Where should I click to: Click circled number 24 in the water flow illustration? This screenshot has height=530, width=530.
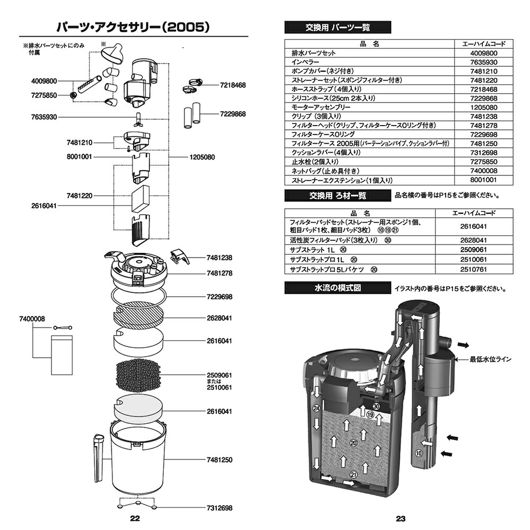click(316, 409)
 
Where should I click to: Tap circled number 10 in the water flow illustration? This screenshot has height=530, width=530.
click(419, 453)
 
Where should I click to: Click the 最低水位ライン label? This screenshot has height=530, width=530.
click(490, 359)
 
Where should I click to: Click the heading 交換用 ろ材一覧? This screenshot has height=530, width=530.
click(337, 196)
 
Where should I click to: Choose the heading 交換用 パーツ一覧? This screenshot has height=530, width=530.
click(337, 27)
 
